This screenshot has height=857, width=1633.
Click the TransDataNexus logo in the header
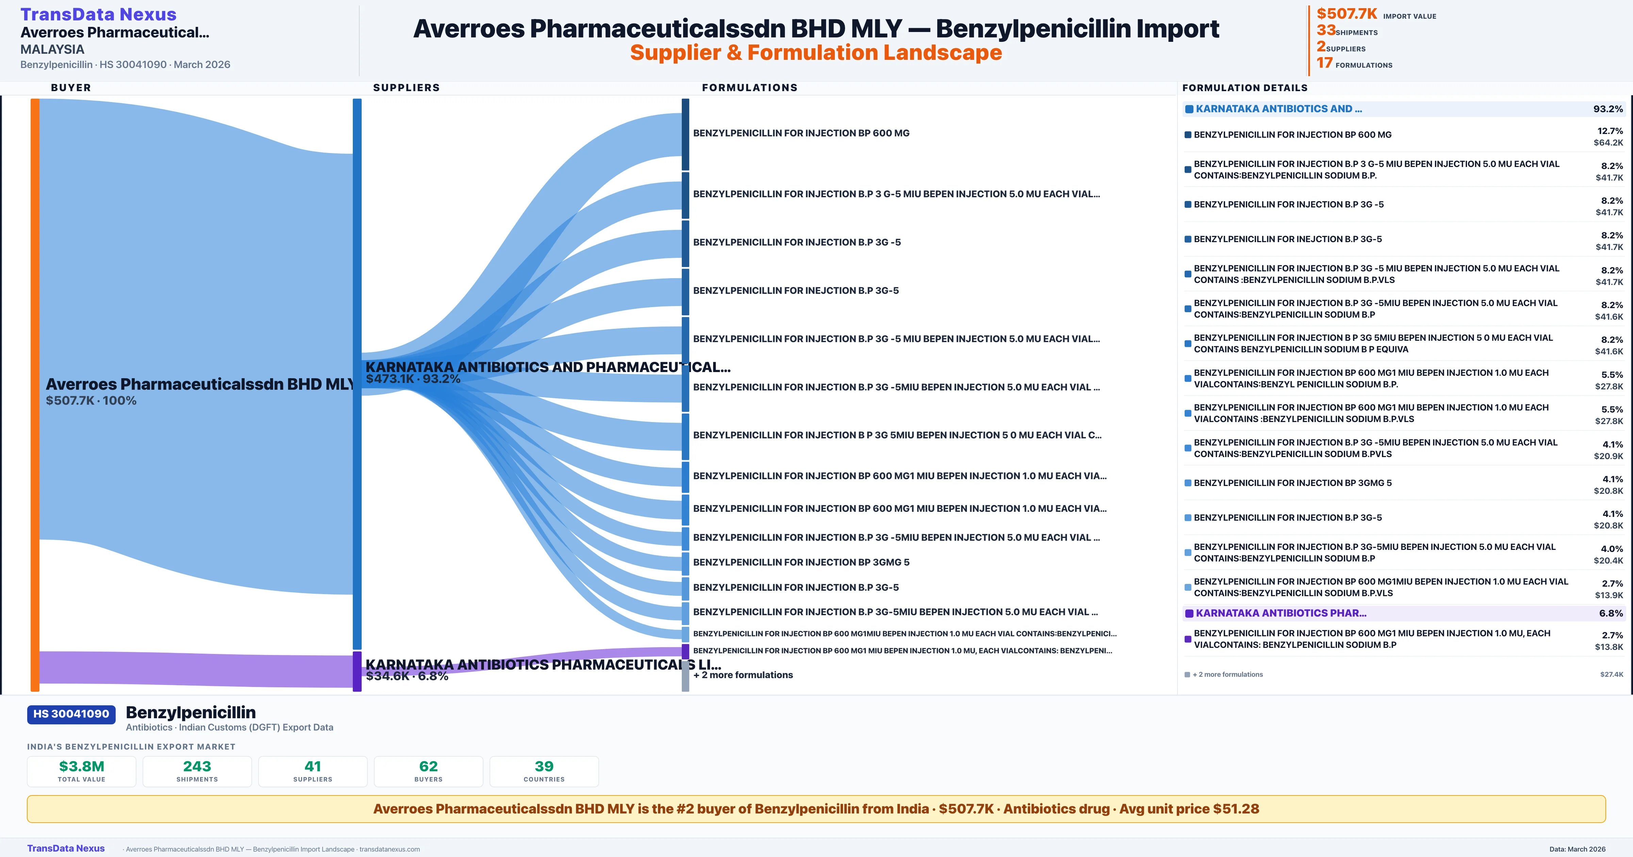click(x=98, y=14)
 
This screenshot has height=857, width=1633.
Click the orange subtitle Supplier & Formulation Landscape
click(x=816, y=53)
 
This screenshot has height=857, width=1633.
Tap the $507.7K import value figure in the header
click(x=1347, y=13)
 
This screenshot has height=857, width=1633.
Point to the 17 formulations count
click(x=1324, y=63)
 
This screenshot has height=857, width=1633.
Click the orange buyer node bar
click(x=35, y=393)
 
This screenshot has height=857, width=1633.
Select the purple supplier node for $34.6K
click(x=357, y=671)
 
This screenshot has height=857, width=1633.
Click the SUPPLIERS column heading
click(x=406, y=87)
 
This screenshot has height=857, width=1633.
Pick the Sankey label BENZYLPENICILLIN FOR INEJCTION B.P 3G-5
click(x=796, y=290)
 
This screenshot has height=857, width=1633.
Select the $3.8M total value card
click(x=82, y=771)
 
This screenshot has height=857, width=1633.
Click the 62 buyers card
click(x=429, y=771)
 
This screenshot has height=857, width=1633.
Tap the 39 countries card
click(x=544, y=771)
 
